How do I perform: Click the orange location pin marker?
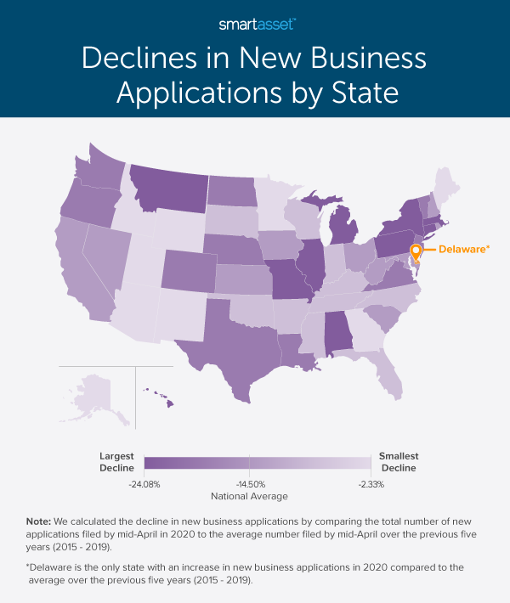click(x=416, y=253)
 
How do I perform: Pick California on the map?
click(x=81, y=272)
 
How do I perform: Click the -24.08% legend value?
click(x=144, y=484)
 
